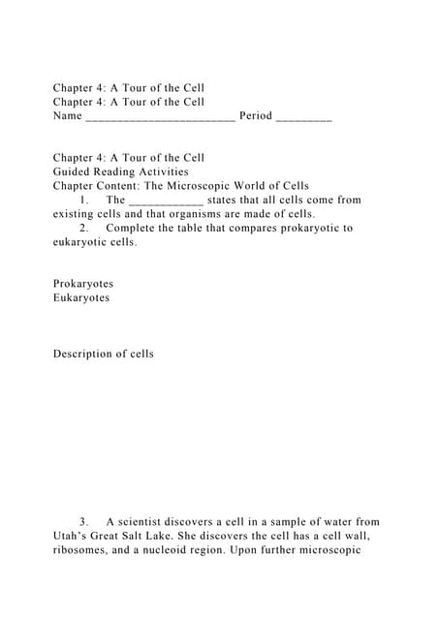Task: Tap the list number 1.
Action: coord(84,200)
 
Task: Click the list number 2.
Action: coord(84,228)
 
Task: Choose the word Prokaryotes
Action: coord(83,284)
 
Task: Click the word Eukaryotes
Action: coord(81,297)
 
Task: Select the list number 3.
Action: coord(84,522)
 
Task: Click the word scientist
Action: coord(147,522)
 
